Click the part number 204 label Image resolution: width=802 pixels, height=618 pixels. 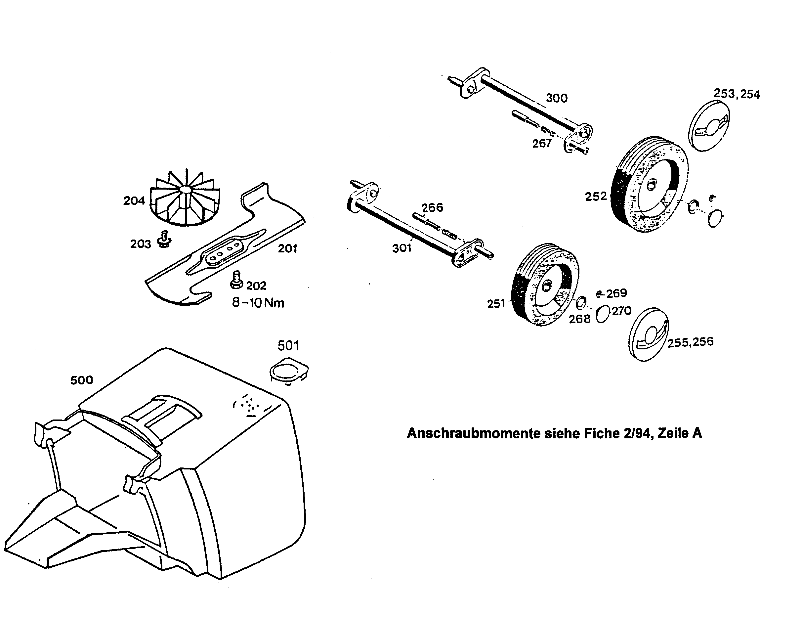(134, 200)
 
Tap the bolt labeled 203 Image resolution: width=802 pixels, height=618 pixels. (164, 239)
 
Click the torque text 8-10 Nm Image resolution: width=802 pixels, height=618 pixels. (258, 303)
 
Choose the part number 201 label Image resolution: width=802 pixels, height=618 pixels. (287, 248)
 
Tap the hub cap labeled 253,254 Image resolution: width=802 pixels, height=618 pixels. (708, 125)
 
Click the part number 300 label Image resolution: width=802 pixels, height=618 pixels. (556, 98)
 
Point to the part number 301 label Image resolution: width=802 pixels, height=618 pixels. (401, 248)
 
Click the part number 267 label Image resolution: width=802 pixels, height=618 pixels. (542, 143)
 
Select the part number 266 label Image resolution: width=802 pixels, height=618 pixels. (432, 207)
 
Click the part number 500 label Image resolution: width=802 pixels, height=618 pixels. (81, 380)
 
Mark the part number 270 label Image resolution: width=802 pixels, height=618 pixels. (621, 311)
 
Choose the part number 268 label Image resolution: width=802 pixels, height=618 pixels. (579, 319)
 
